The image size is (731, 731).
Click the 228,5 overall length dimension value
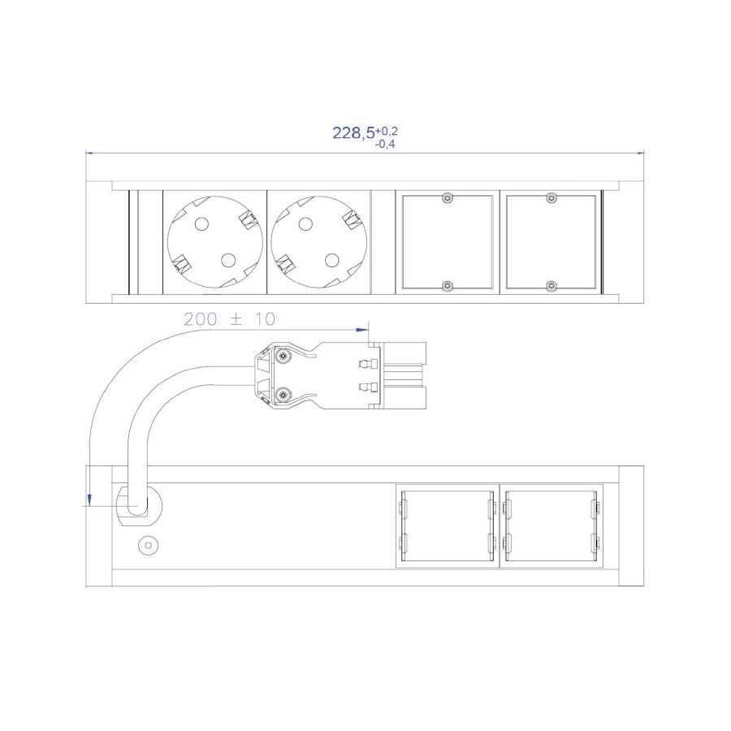[353, 133]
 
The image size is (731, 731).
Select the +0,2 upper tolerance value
[387, 131]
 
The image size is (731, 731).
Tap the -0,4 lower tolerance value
[385, 144]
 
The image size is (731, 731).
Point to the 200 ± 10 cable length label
[229, 319]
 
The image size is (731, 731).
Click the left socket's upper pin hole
[201, 224]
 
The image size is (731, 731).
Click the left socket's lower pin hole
[228, 260]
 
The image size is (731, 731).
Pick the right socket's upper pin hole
[305, 224]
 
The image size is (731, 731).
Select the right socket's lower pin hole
[332, 260]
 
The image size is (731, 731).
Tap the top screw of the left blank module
[448, 198]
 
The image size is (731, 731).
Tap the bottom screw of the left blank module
[448, 286]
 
